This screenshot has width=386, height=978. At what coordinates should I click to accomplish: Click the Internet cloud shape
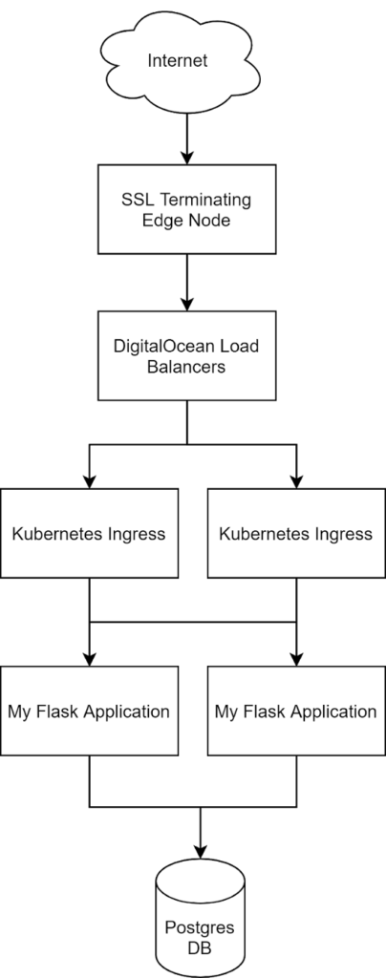click(181, 61)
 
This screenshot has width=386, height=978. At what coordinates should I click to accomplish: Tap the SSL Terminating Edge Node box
click(186, 209)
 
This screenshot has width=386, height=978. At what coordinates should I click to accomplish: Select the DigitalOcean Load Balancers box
click(186, 355)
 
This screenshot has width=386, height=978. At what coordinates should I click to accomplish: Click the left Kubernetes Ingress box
click(89, 533)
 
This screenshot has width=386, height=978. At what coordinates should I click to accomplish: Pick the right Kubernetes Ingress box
click(296, 533)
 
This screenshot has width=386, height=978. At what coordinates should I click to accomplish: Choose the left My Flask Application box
click(89, 711)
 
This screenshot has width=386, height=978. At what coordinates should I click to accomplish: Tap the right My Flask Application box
click(296, 711)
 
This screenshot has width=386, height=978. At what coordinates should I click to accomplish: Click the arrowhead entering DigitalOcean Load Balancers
click(186, 304)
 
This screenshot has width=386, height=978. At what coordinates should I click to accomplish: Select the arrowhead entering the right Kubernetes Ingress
click(296, 481)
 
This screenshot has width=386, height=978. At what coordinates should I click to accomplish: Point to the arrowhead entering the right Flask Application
click(296, 659)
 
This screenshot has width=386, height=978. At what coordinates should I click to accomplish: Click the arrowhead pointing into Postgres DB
click(201, 851)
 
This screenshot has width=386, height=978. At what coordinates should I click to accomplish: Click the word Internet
click(178, 61)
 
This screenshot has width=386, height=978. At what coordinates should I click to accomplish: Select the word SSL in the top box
click(134, 201)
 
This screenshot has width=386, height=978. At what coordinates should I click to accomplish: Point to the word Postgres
click(200, 928)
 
